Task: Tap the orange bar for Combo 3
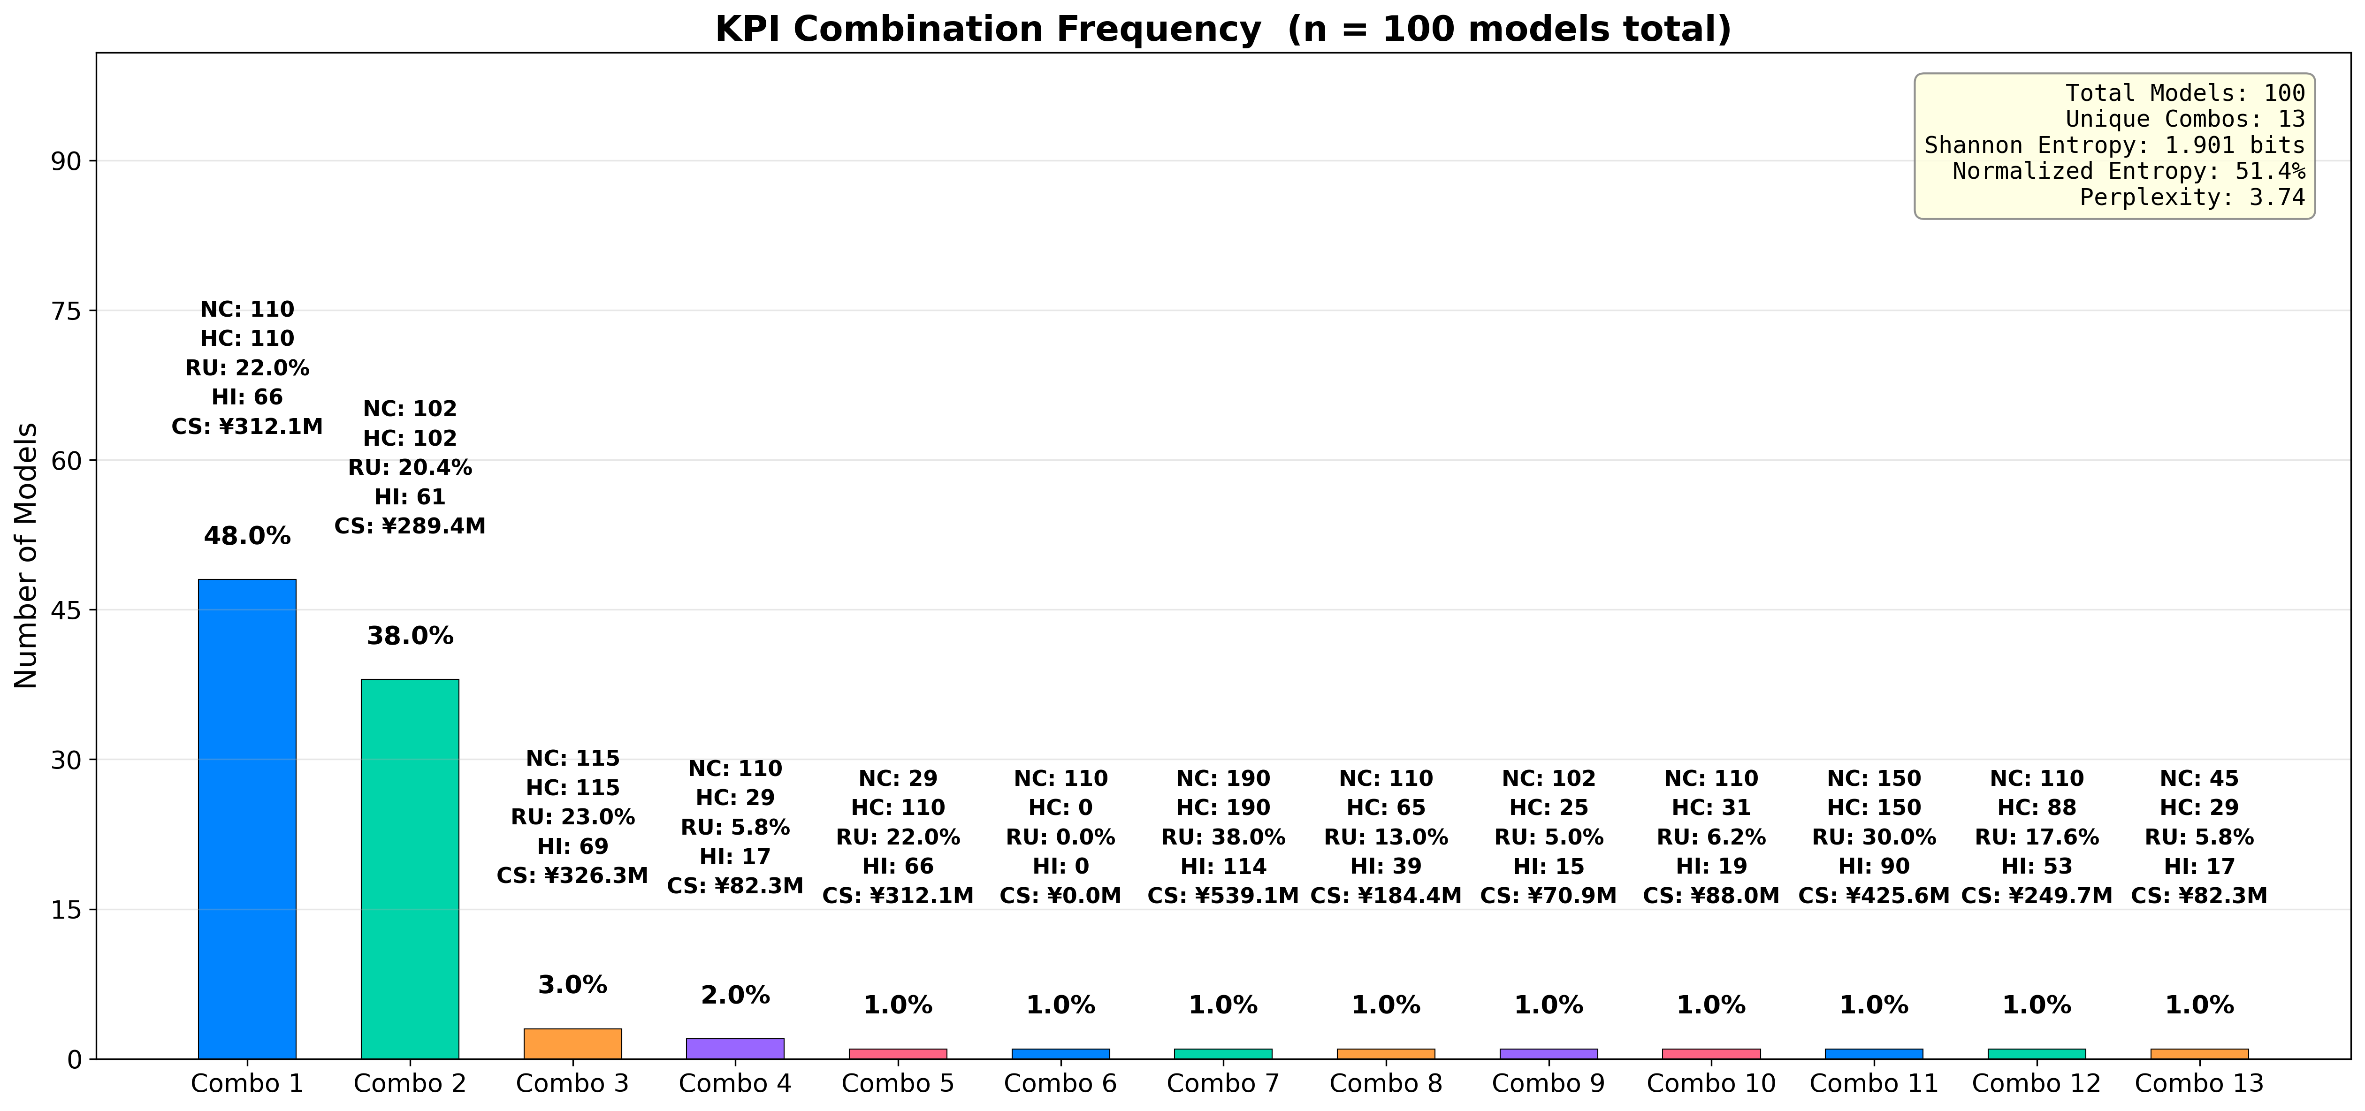coord(572,1044)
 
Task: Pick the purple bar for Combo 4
coord(734,1049)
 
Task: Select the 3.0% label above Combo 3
coord(572,985)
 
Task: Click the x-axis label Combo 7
coord(1223,1083)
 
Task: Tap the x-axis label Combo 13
coord(2199,1083)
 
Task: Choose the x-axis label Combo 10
coord(1710,1083)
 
